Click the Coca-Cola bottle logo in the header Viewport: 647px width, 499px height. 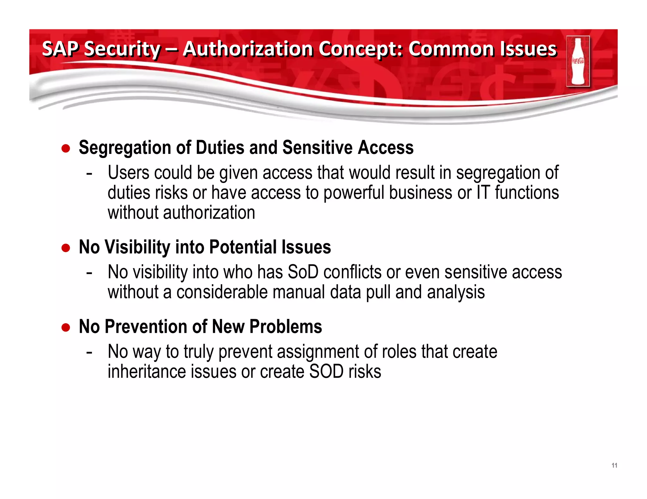pos(578,61)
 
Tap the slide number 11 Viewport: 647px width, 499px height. pos(614,465)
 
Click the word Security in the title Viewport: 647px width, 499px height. pos(122,49)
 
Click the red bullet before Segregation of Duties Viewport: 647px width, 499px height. pos(66,148)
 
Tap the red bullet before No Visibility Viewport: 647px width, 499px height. pos(66,248)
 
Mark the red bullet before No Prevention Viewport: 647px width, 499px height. pos(66,327)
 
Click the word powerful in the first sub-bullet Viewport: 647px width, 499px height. pos(354,193)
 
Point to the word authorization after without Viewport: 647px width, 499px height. pos(209,213)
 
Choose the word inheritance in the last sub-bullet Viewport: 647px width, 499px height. pos(147,372)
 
